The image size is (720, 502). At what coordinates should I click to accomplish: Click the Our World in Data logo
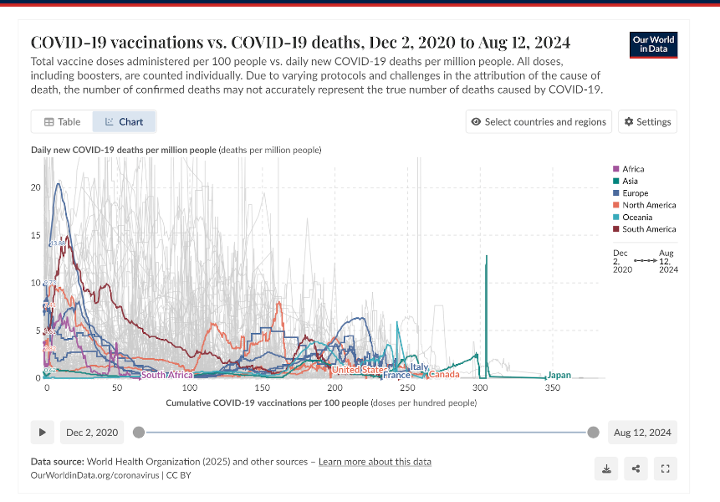click(x=653, y=44)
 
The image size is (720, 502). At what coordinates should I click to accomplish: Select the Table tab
click(x=62, y=121)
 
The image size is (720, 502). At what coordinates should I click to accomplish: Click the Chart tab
click(x=124, y=121)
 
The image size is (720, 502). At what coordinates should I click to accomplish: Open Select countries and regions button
click(x=539, y=121)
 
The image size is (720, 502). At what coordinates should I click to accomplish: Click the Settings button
click(x=648, y=121)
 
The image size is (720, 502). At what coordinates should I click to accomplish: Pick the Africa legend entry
click(x=633, y=169)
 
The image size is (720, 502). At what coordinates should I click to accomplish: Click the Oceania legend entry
click(x=636, y=217)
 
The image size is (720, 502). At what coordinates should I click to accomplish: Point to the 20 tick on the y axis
click(x=35, y=187)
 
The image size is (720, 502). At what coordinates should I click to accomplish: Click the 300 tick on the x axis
click(x=480, y=389)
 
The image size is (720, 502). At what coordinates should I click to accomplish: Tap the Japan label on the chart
click(x=559, y=375)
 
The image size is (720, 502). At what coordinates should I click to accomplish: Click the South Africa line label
click(x=167, y=375)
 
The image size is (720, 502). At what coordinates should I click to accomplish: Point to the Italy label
click(x=419, y=366)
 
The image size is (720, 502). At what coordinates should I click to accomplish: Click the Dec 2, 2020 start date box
click(x=92, y=433)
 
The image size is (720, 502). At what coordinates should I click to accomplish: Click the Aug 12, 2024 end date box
click(x=642, y=433)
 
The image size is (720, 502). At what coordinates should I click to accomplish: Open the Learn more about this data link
click(x=375, y=462)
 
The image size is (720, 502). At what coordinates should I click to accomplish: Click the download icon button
click(x=606, y=469)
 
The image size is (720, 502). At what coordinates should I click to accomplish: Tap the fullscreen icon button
click(x=666, y=469)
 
